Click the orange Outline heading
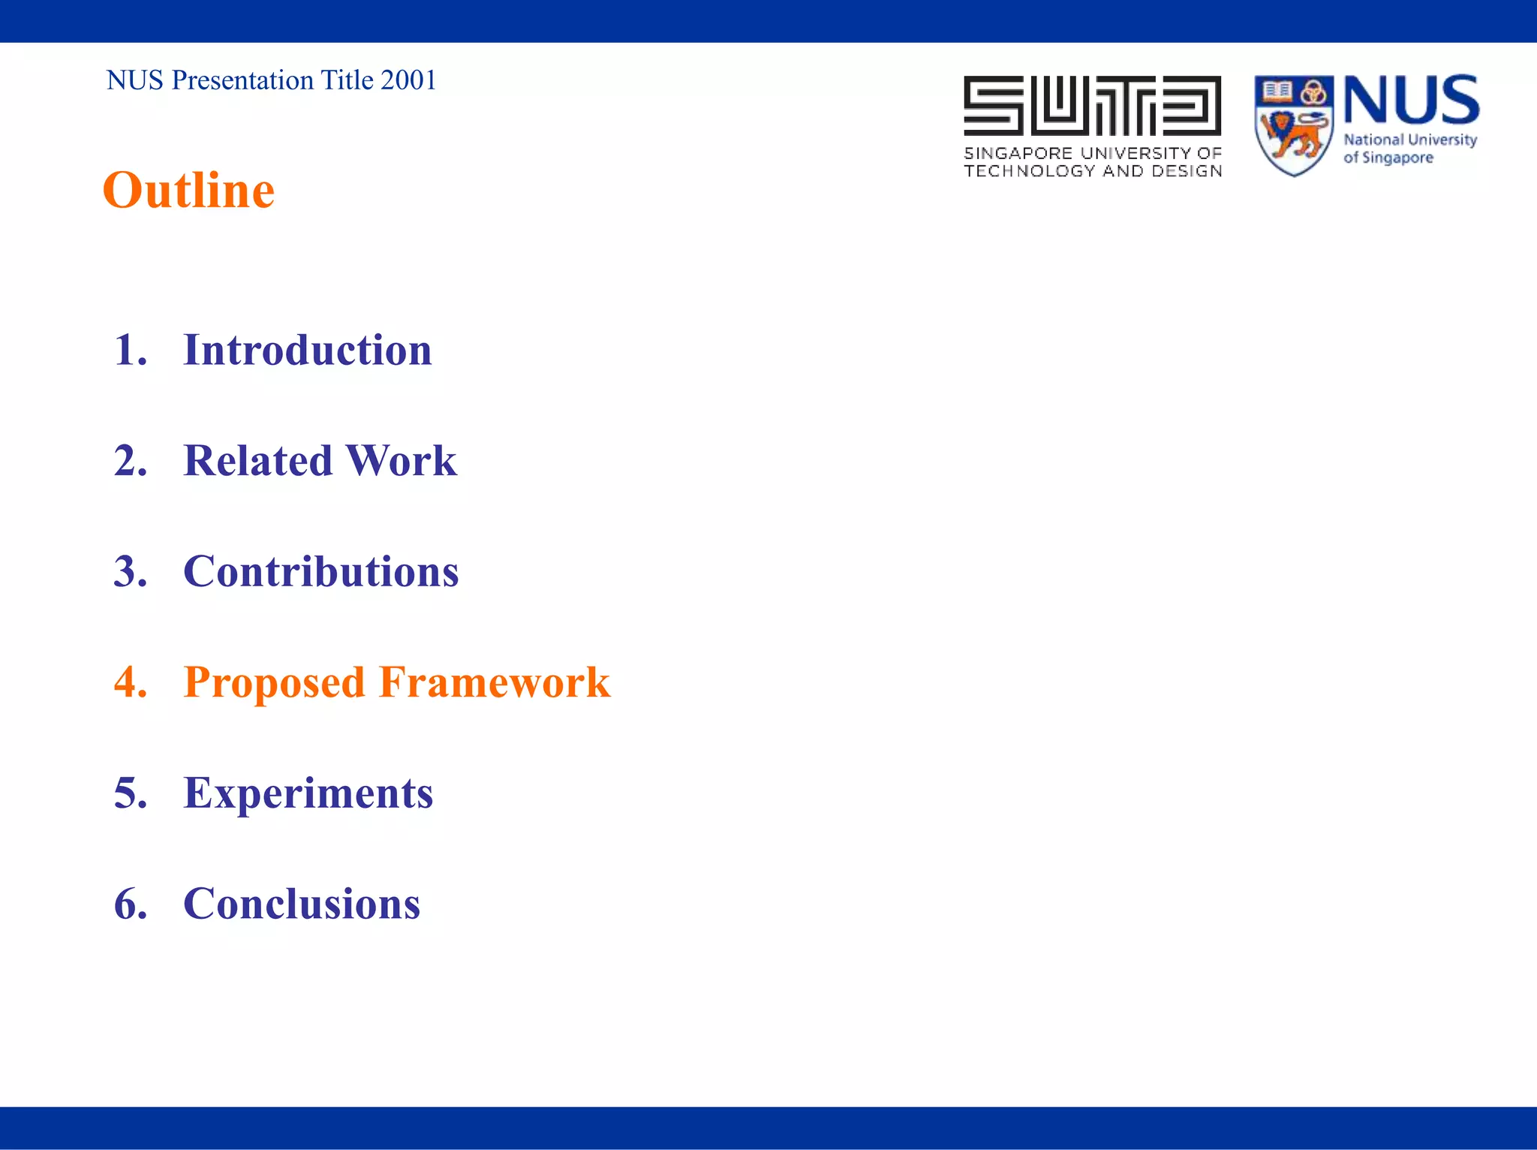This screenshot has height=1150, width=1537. [188, 190]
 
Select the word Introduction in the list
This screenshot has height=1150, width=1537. [307, 351]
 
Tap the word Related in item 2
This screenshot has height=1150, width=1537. [257, 461]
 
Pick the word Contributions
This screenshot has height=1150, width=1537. [320, 572]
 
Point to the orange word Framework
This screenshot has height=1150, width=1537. [495, 682]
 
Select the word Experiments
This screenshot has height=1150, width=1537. [308, 793]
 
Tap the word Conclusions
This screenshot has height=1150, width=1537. [302, 904]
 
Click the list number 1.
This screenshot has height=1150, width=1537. [130, 351]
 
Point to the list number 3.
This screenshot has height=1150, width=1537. [130, 572]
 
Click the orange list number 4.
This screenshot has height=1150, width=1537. [130, 682]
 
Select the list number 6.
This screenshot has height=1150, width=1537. [130, 904]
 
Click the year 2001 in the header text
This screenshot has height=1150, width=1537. [408, 80]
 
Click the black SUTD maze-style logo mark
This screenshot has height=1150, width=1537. [1092, 106]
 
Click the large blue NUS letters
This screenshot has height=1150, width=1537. [1411, 100]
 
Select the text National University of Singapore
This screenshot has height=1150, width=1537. [1409, 149]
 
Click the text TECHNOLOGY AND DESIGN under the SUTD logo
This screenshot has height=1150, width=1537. [1093, 171]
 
